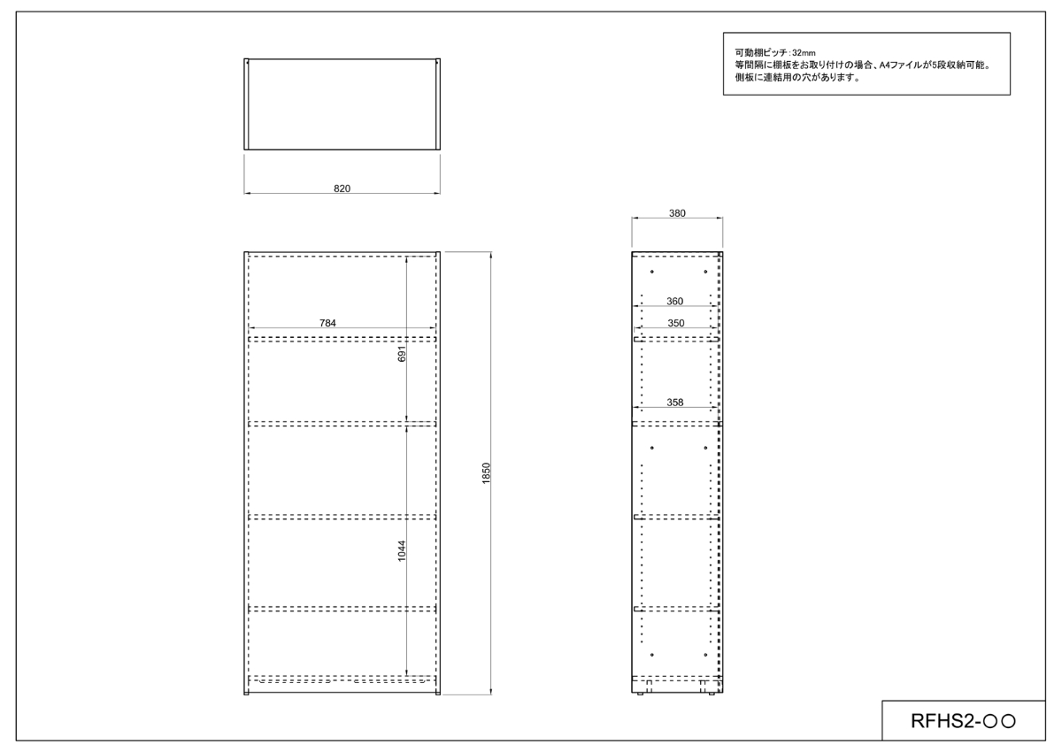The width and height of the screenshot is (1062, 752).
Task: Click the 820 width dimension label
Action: tap(342, 188)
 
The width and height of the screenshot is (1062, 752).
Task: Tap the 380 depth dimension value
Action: tap(677, 213)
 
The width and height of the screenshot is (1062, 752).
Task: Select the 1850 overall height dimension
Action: tap(486, 473)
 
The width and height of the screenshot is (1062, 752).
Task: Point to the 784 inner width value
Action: tap(327, 323)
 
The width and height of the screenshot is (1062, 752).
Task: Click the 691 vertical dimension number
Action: tap(402, 354)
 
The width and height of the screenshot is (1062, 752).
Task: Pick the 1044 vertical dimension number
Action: tap(402, 551)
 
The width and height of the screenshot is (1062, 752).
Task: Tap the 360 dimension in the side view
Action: tap(674, 302)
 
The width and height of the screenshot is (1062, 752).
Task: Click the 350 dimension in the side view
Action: tap(675, 323)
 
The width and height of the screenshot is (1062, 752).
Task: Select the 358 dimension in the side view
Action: tap(674, 403)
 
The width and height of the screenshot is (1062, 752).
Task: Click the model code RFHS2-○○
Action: tap(963, 721)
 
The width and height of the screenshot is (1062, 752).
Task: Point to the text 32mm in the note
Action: tap(804, 53)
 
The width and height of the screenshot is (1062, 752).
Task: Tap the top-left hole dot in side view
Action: tap(652, 272)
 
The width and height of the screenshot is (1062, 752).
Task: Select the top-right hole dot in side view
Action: tap(705, 272)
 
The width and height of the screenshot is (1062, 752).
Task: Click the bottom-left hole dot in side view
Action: tap(652, 655)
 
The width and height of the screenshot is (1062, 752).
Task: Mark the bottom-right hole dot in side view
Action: tap(705, 655)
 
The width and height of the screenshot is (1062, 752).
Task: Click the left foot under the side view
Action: tap(640, 694)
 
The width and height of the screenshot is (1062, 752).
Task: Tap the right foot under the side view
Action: tap(712, 694)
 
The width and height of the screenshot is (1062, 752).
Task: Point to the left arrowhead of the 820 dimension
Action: tap(247, 193)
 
